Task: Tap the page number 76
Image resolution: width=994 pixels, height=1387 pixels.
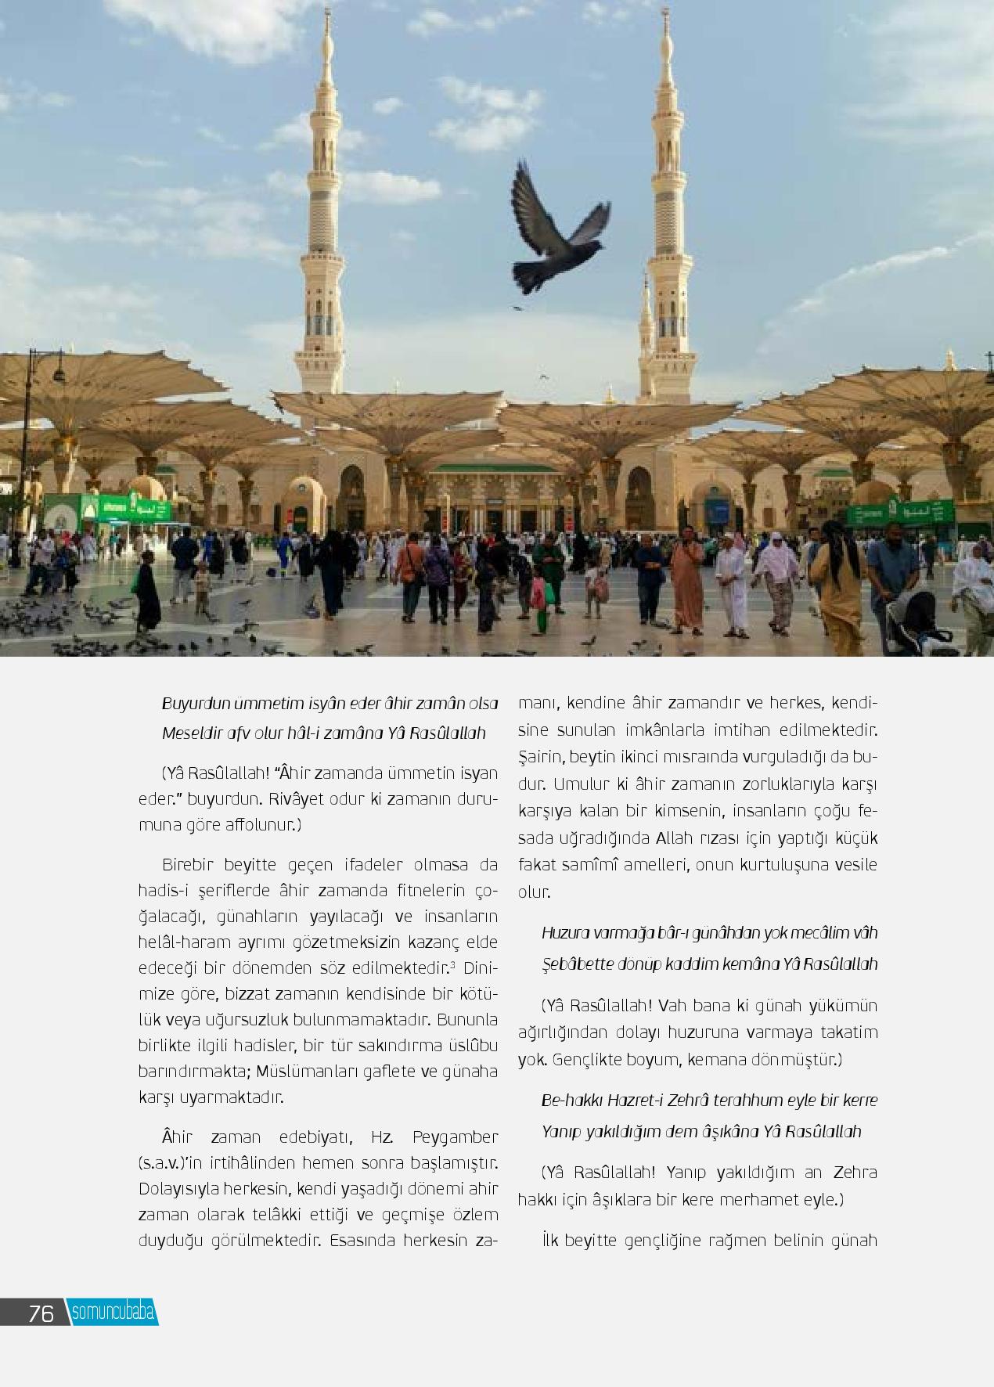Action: pyautogui.click(x=41, y=1313)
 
